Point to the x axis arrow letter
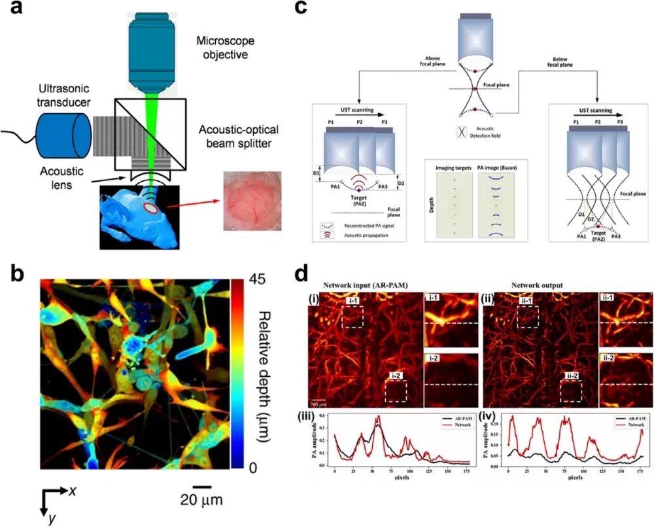pyautogui.click(x=76, y=491)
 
